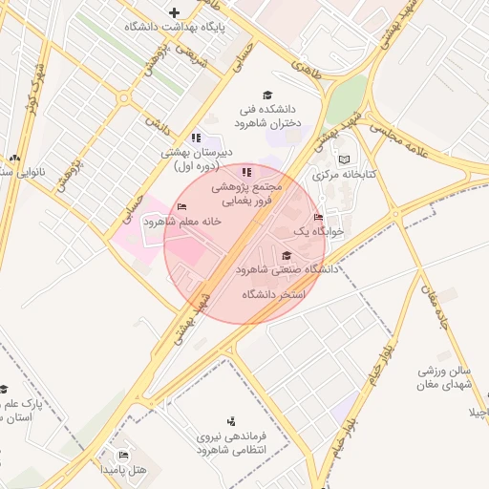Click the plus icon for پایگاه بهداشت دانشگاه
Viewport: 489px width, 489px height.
tap(174, 12)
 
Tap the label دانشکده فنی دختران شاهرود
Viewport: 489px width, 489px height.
tap(267, 117)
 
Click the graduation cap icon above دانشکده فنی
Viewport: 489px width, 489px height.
tap(268, 96)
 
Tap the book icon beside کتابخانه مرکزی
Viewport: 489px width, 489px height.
tap(344, 159)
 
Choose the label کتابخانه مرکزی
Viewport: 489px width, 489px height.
tap(346, 176)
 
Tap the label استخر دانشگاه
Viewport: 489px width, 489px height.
tap(272, 294)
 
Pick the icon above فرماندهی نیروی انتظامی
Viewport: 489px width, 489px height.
tap(230, 420)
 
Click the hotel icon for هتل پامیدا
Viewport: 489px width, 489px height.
tap(122, 455)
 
